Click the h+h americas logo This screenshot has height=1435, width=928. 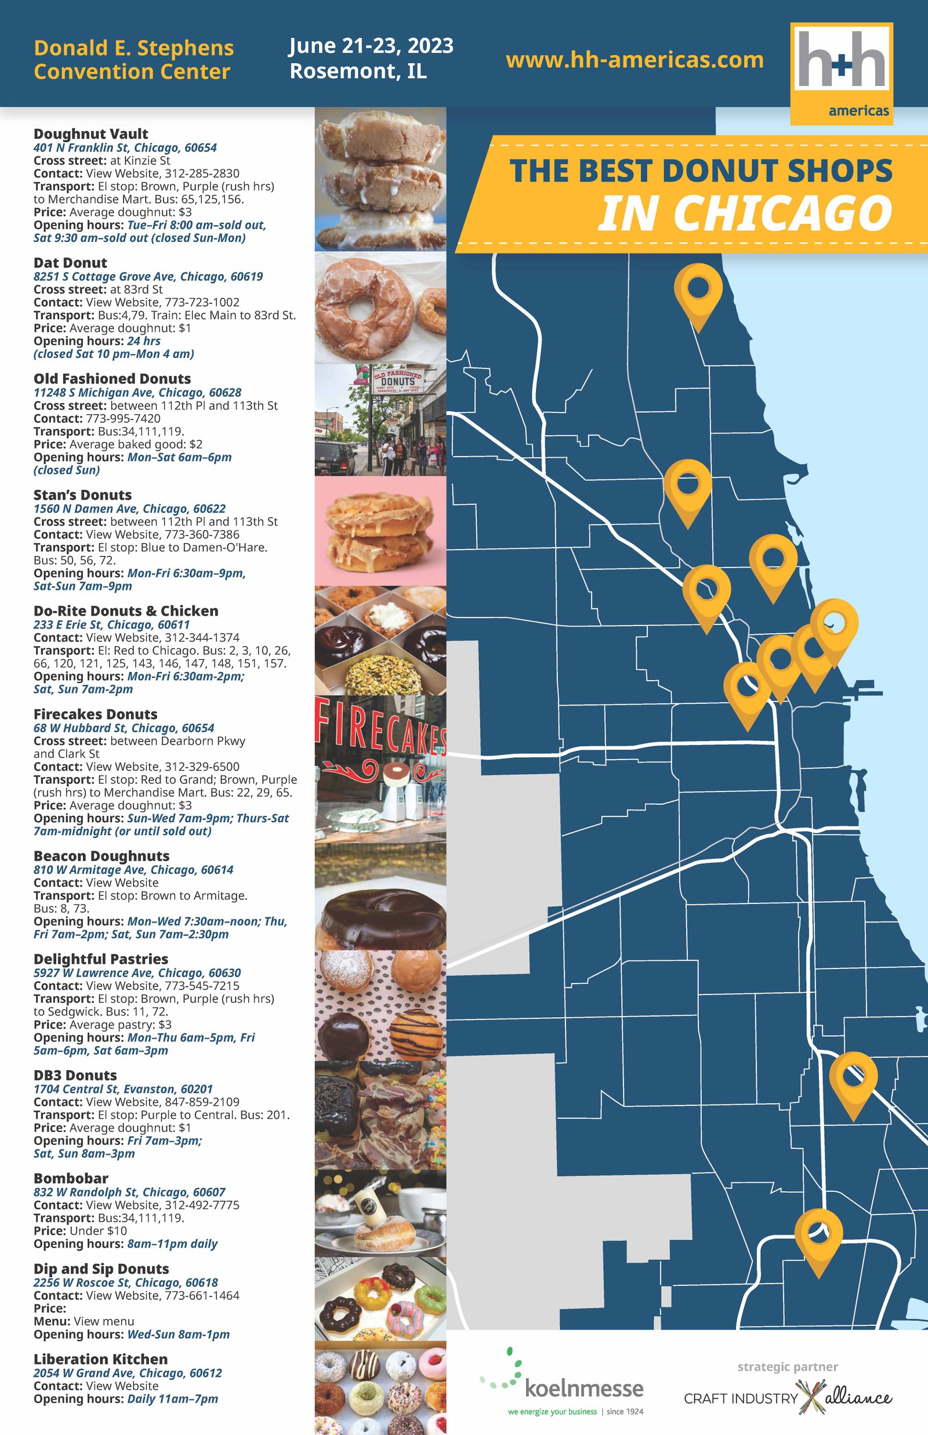coord(841,73)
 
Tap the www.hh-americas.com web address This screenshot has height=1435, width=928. coord(635,60)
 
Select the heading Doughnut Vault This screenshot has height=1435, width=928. coord(90,134)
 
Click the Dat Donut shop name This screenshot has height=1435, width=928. coord(70,263)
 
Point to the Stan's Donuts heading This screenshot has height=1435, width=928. coord(82,495)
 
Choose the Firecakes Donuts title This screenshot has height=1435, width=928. coord(95,714)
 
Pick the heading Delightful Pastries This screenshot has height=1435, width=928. coord(101,959)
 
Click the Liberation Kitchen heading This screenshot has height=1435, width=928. coord(100,1359)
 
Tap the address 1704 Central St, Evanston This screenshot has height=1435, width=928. coord(123,1089)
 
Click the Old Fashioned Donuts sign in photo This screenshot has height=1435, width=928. coord(398,380)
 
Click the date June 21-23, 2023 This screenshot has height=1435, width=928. coord(371,46)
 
